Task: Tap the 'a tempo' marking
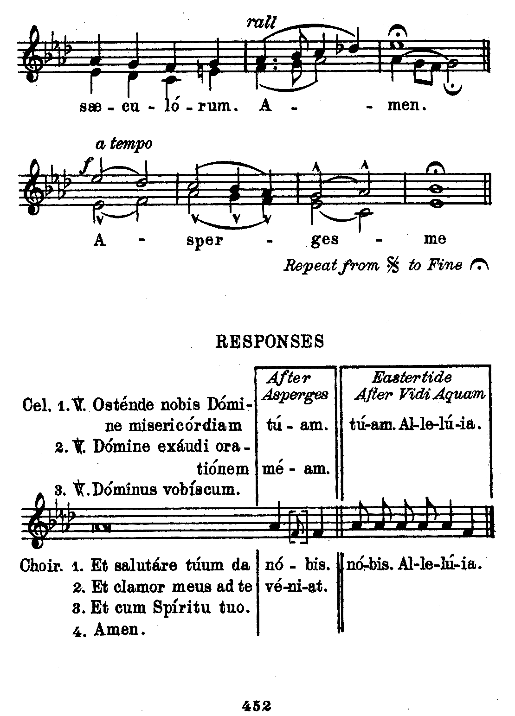pyautogui.click(x=123, y=145)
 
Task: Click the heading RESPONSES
pyautogui.click(x=270, y=342)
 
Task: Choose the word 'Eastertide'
pyautogui.click(x=412, y=377)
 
